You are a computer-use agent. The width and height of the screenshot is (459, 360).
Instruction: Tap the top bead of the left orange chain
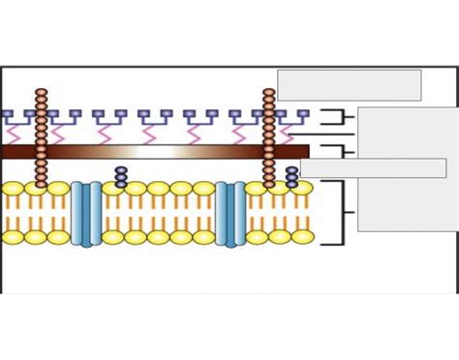pyautogui.click(x=41, y=93)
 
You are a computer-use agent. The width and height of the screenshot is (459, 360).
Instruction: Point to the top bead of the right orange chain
pyautogui.click(x=269, y=93)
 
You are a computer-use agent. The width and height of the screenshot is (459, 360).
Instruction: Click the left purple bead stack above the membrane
pyautogui.click(x=121, y=177)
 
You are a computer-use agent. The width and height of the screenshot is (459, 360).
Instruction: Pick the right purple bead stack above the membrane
pyautogui.click(x=292, y=177)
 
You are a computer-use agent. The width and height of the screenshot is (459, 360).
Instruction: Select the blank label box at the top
pyautogui.click(x=349, y=84)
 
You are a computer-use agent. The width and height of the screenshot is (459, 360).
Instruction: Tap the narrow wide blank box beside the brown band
pyautogui.click(x=373, y=168)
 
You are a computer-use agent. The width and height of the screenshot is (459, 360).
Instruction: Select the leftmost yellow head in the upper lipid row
pyautogui.click(x=13, y=189)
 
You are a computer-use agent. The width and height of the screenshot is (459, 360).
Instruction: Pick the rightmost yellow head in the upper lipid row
pyautogui.click(x=302, y=189)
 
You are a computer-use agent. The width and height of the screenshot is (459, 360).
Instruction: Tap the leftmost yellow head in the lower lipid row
pyautogui.click(x=13, y=237)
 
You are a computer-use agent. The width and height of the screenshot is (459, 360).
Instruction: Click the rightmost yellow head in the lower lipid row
pyautogui.click(x=302, y=237)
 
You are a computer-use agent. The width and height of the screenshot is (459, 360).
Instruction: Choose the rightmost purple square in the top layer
pyautogui.click(x=303, y=114)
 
